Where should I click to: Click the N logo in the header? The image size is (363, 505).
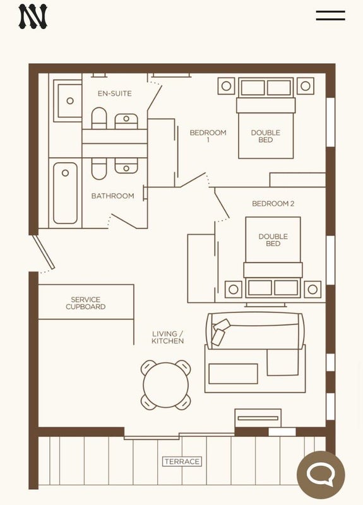click(33, 16)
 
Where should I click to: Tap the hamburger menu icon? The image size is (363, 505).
click(330, 15)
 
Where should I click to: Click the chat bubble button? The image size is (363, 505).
click(321, 475)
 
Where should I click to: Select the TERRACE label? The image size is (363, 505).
click(182, 461)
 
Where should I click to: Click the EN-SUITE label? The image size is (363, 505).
click(115, 93)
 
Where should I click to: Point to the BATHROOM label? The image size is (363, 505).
click(113, 196)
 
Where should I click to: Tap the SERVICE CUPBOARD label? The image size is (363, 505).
click(86, 303)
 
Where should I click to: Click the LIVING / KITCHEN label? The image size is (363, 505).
click(167, 337)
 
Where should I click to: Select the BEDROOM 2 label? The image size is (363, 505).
click(273, 203)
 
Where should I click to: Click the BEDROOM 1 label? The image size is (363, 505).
click(208, 136)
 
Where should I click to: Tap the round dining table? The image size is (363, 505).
click(166, 385)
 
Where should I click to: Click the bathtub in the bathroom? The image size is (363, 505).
click(65, 193)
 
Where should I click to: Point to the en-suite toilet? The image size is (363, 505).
click(99, 118)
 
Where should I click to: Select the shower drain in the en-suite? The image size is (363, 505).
click(70, 101)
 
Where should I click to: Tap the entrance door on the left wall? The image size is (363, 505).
click(44, 252)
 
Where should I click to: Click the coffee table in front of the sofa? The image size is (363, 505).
click(233, 374)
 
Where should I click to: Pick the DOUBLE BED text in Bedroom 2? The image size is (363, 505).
click(273, 240)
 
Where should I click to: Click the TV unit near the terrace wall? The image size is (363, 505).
click(258, 418)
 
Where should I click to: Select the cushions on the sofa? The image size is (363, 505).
click(220, 332)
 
